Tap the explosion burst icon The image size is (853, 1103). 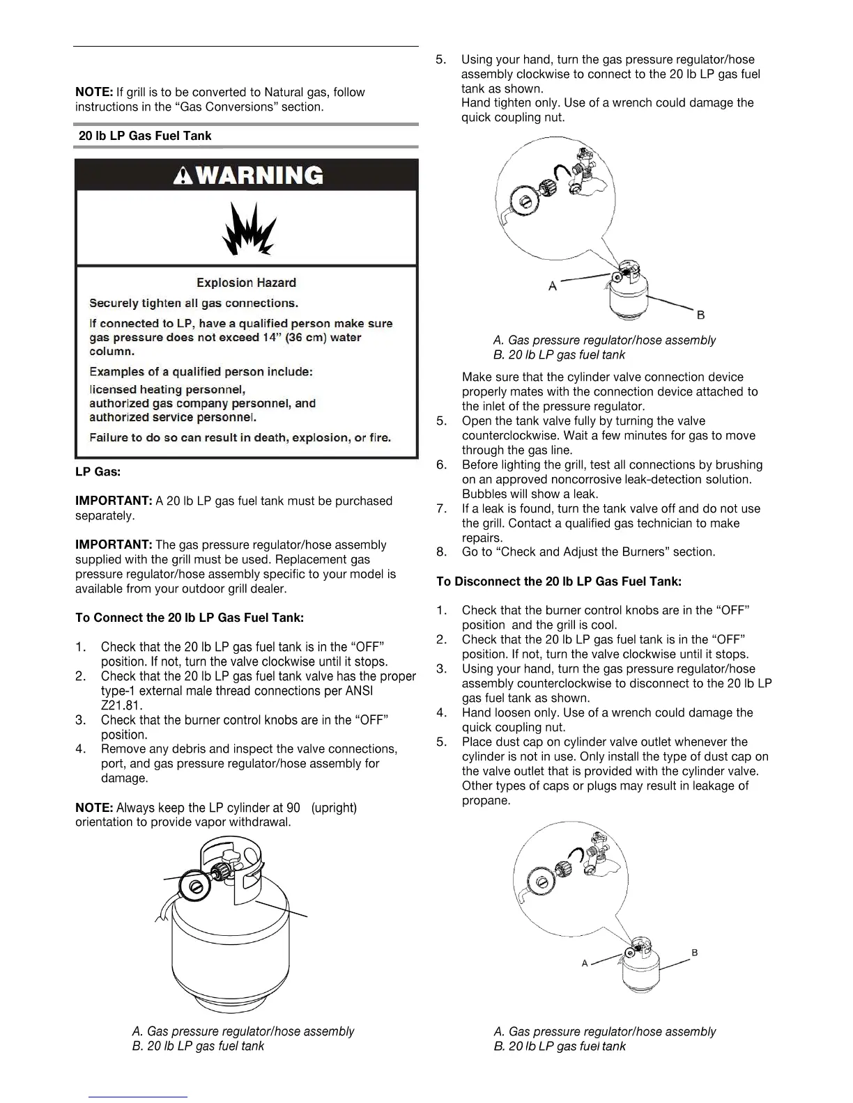pos(248,229)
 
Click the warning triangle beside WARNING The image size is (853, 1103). pos(185,175)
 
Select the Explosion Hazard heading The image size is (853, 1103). pos(246,283)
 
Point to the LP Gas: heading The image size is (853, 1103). pos(98,472)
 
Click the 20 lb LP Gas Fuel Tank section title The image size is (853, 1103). pos(145,136)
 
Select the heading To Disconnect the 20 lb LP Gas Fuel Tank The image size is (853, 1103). pos(558,581)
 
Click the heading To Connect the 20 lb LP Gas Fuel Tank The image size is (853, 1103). pos(189,618)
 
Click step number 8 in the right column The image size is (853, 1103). pos(441,552)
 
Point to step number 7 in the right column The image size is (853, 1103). pos(441,509)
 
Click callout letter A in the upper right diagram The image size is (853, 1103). pos(553,285)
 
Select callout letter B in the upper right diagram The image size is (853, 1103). pos(700,315)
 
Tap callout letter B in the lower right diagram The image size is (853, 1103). pos(695,953)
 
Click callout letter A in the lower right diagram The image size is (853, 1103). pos(585,963)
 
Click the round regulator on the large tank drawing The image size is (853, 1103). pos(197,886)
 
